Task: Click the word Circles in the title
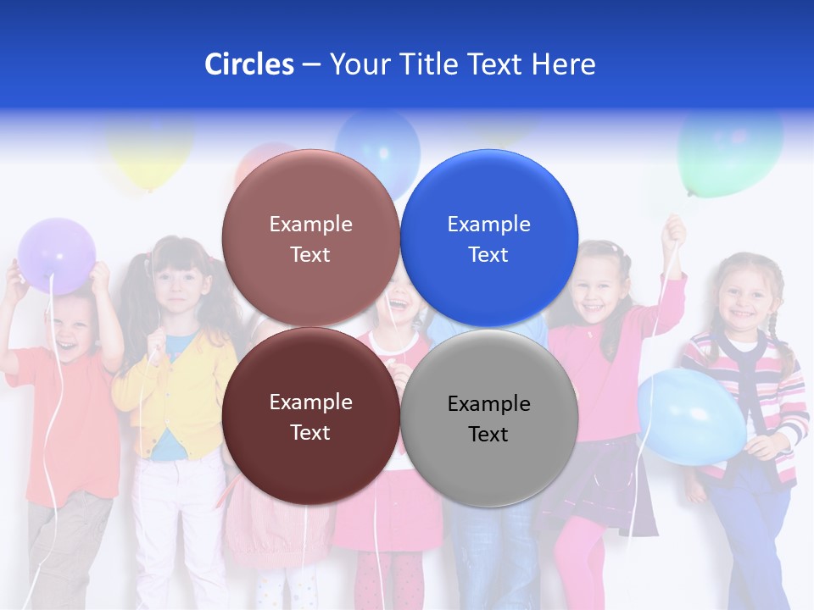tap(249, 64)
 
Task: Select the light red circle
tap(310, 238)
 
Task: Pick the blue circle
tap(488, 238)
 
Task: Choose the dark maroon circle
tap(310, 416)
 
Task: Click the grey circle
tap(488, 418)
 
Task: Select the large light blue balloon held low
tap(691, 416)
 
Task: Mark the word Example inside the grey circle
tap(488, 403)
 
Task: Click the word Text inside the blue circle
tap(488, 254)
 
